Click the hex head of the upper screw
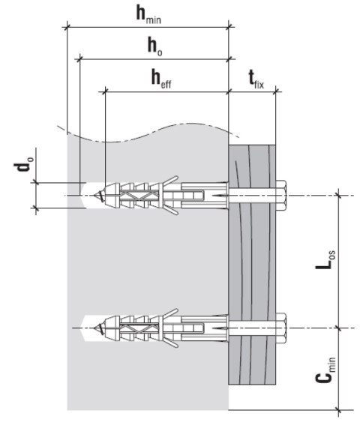click(283, 196)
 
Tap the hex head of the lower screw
click(283, 327)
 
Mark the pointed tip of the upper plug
click(98, 196)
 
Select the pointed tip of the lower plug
click(98, 328)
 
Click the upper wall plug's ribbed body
click(142, 196)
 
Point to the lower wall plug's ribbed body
click(142, 328)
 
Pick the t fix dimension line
click(253, 91)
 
